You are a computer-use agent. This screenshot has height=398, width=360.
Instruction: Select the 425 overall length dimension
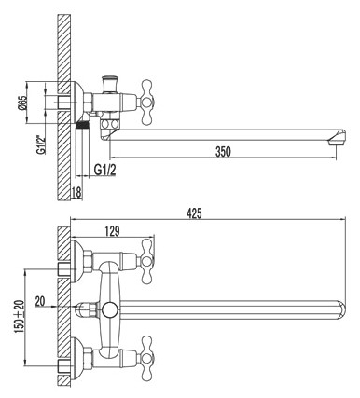click(194, 213)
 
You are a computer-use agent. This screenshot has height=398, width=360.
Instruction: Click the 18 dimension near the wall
click(77, 191)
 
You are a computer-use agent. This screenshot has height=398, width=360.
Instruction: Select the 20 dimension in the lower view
click(39, 300)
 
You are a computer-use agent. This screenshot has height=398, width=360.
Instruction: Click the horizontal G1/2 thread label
click(105, 170)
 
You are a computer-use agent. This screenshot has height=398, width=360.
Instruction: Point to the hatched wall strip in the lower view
click(64, 308)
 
